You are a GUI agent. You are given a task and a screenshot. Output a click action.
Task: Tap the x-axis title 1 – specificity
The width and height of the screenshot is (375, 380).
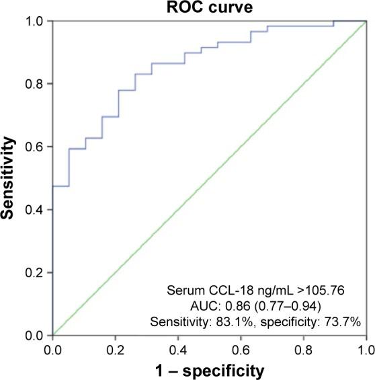[x=208, y=369]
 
